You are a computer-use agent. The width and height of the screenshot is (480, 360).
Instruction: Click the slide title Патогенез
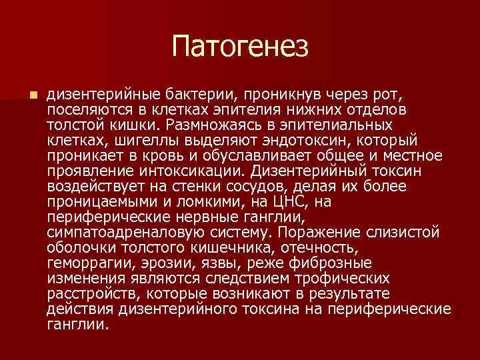240,47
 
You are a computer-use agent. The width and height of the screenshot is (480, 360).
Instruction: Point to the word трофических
334,277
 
